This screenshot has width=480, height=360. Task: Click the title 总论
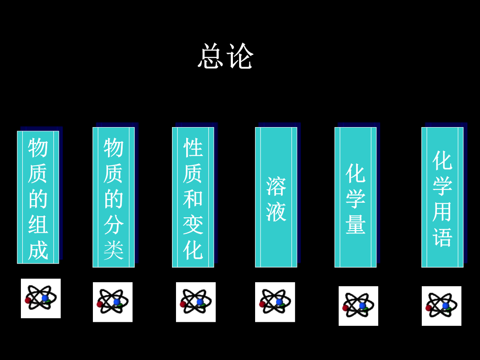[x=225, y=56]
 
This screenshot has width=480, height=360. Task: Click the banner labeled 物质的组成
[x=38, y=197]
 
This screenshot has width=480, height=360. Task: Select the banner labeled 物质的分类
[x=114, y=197]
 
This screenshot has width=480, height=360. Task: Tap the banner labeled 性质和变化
[x=193, y=197]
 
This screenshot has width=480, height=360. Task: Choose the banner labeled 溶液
[x=276, y=197]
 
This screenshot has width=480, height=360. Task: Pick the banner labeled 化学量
[x=356, y=197]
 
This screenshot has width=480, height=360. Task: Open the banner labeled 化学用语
[x=442, y=197]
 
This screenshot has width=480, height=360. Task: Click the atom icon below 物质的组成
[x=41, y=299]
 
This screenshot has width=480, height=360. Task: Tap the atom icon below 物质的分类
[x=112, y=302]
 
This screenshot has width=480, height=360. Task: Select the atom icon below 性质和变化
[x=196, y=302]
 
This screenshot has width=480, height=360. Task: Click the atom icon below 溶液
[x=275, y=302]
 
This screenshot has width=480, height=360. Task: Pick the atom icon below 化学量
[x=359, y=306]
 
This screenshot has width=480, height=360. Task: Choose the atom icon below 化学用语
[x=441, y=306]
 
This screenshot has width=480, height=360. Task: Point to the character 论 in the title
[x=240, y=56]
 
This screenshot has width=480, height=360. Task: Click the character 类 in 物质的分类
[x=114, y=250]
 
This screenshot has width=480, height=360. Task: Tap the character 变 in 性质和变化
[x=193, y=225]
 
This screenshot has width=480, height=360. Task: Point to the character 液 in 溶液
[x=276, y=212]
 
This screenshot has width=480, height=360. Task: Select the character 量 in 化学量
[x=356, y=224]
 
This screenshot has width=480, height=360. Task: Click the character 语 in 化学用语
[x=442, y=237]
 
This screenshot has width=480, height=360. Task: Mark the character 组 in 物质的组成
[x=38, y=224]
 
